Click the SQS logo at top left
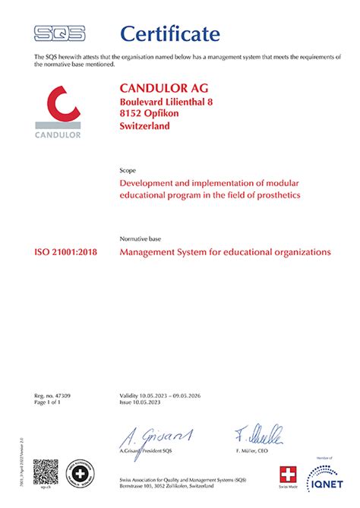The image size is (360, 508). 59,33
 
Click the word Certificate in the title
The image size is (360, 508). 170,33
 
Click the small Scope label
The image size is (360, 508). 128,172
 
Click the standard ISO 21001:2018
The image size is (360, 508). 67,251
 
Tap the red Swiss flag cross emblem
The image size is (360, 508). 286,475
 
